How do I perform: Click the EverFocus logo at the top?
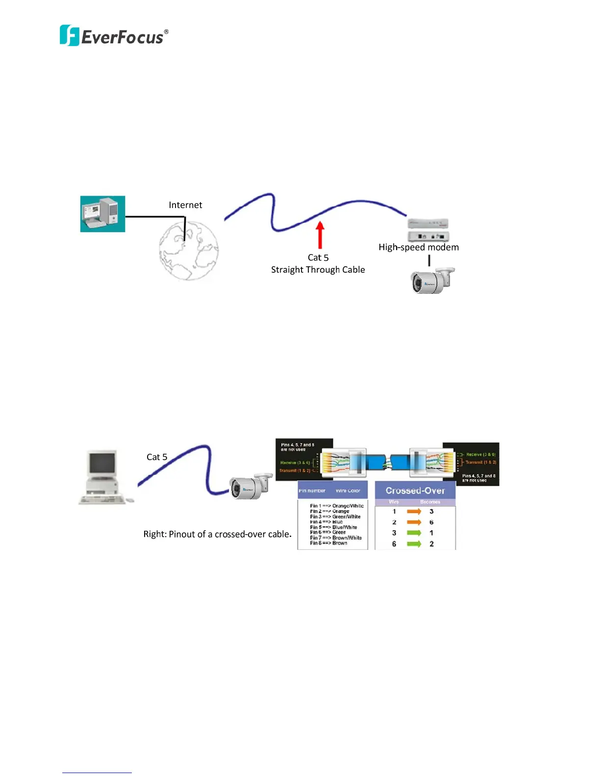point(114,36)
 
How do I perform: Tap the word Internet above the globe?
point(185,205)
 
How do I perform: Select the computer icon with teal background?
point(102,214)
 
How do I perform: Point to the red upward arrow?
point(320,235)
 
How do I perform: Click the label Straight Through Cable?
point(318,270)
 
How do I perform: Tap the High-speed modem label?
point(419,247)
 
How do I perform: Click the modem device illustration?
point(428,230)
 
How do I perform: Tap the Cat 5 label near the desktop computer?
point(157,457)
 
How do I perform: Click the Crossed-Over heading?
point(415,491)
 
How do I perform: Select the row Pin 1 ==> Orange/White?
point(336,506)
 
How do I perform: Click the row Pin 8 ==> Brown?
point(328,543)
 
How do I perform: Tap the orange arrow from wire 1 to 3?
point(414,511)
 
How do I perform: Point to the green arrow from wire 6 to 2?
point(414,544)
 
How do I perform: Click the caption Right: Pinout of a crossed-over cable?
point(217,534)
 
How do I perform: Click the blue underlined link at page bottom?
point(97,772)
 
